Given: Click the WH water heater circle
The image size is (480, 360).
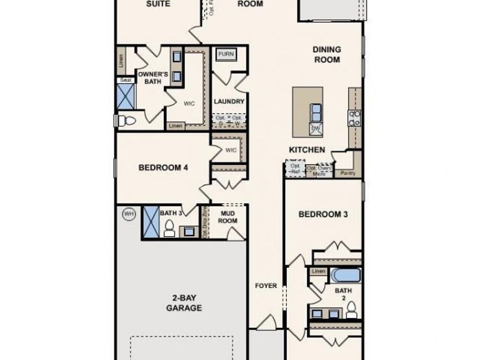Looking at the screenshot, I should (129, 214).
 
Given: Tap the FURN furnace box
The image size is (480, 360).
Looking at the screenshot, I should (226, 54).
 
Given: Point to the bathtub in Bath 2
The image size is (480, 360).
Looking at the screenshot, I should (346, 276).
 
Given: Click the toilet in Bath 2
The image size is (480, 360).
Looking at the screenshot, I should (351, 310).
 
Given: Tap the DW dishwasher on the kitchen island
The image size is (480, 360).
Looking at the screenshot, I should (316, 129).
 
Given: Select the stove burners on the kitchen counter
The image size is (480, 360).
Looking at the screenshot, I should (355, 118).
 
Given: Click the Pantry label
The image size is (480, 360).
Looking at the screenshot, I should (348, 173).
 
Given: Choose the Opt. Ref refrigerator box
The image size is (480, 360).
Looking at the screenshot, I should (295, 169).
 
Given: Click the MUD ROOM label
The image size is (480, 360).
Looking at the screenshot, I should (228, 217).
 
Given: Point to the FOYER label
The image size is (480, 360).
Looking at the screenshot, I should (266, 286).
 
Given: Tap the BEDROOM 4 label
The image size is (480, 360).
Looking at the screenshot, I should (163, 167).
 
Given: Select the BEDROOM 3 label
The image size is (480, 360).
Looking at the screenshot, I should (323, 214).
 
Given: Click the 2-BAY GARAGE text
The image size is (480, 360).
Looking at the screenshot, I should (183, 303).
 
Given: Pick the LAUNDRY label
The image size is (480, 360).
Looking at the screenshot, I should (229, 101).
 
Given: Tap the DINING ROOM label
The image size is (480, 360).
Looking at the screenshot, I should (326, 54).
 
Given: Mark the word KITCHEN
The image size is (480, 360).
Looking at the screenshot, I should (307, 150).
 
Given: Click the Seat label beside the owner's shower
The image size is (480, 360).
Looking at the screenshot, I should (125, 80).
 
